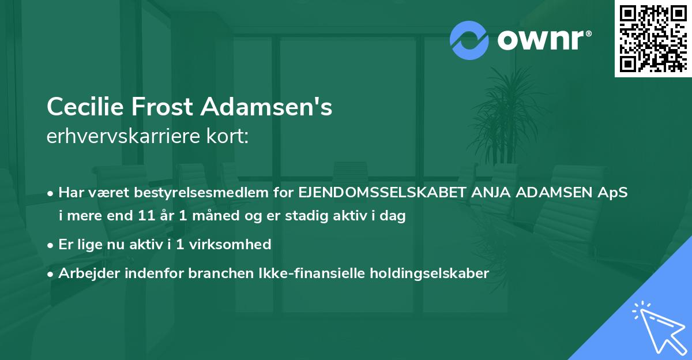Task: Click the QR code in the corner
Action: [x=653, y=39]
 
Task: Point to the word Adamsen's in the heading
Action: [x=266, y=107]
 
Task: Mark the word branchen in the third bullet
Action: [x=213, y=273]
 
